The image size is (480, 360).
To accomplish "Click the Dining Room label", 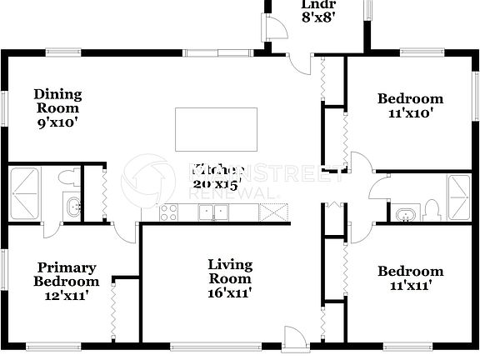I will [57, 107].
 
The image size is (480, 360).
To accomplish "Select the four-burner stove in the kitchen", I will [168, 212].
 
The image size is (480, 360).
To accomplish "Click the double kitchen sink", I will [214, 212].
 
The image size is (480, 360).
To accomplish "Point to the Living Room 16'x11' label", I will [229, 278].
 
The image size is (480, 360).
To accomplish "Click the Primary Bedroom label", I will [66, 281].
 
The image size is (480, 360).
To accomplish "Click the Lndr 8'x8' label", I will [317, 10].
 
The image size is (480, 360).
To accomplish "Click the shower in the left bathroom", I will [25, 181].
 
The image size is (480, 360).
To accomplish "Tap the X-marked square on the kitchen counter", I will [272, 212].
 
